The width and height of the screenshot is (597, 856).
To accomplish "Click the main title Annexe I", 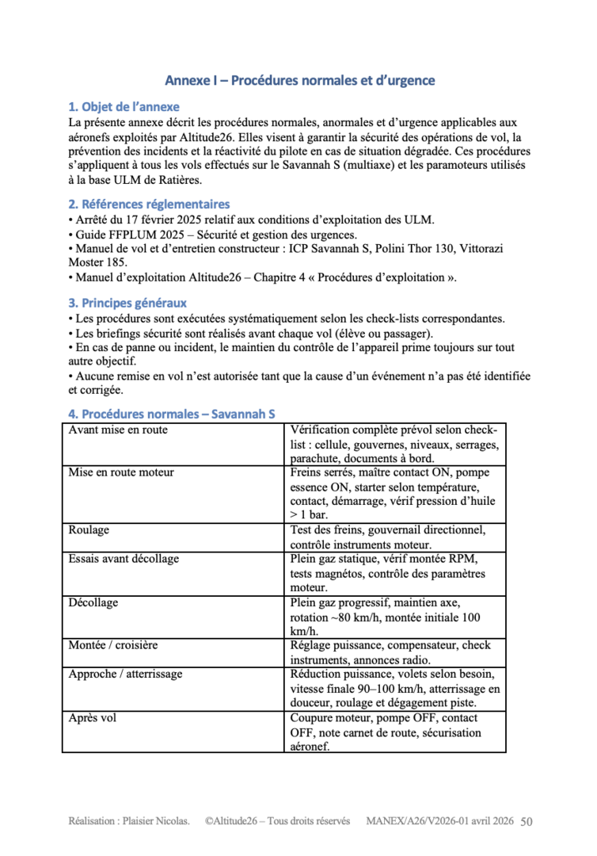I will (x=299, y=81).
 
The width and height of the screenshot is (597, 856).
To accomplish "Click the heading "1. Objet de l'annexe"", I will (x=124, y=107).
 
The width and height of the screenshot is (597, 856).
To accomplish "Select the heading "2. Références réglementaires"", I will (x=150, y=204).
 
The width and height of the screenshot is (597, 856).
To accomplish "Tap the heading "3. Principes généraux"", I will (x=127, y=303).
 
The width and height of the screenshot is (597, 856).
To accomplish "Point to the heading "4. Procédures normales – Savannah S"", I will (x=172, y=414).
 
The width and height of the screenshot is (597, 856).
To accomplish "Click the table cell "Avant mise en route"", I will (x=118, y=430).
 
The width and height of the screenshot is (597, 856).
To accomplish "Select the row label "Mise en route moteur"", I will (x=121, y=472).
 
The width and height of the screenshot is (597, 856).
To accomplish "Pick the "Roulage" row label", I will (x=89, y=529).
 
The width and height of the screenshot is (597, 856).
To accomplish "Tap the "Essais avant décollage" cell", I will (x=124, y=559).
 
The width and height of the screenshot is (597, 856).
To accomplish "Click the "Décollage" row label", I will (x=93, y=602).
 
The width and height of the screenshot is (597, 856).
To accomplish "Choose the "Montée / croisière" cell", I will (x=112, y=645).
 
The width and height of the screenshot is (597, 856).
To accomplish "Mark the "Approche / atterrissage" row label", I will (x=125, y=674).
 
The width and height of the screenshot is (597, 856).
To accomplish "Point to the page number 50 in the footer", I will (x=527, y=822).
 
